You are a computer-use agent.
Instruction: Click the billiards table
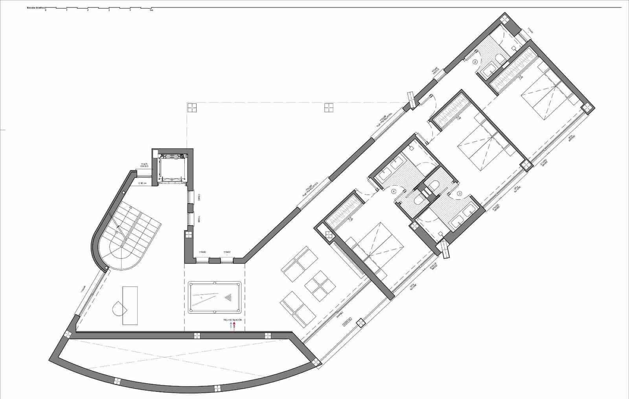pos(214,297)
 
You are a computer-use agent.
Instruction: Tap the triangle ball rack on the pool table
pos(228,297)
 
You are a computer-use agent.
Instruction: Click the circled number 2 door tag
pos(475,62)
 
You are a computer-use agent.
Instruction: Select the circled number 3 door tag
pos(459,194)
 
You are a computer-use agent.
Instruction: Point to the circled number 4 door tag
pos(394,192)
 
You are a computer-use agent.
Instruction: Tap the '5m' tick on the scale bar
pos(151,10)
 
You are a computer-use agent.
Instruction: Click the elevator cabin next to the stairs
pos(172,167)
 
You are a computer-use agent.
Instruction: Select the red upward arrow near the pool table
pos(234,326)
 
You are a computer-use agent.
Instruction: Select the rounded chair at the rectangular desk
pos(119,308)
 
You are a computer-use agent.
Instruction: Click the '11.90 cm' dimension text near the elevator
pos(142,183)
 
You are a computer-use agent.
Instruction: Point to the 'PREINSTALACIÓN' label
pos(232,320)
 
